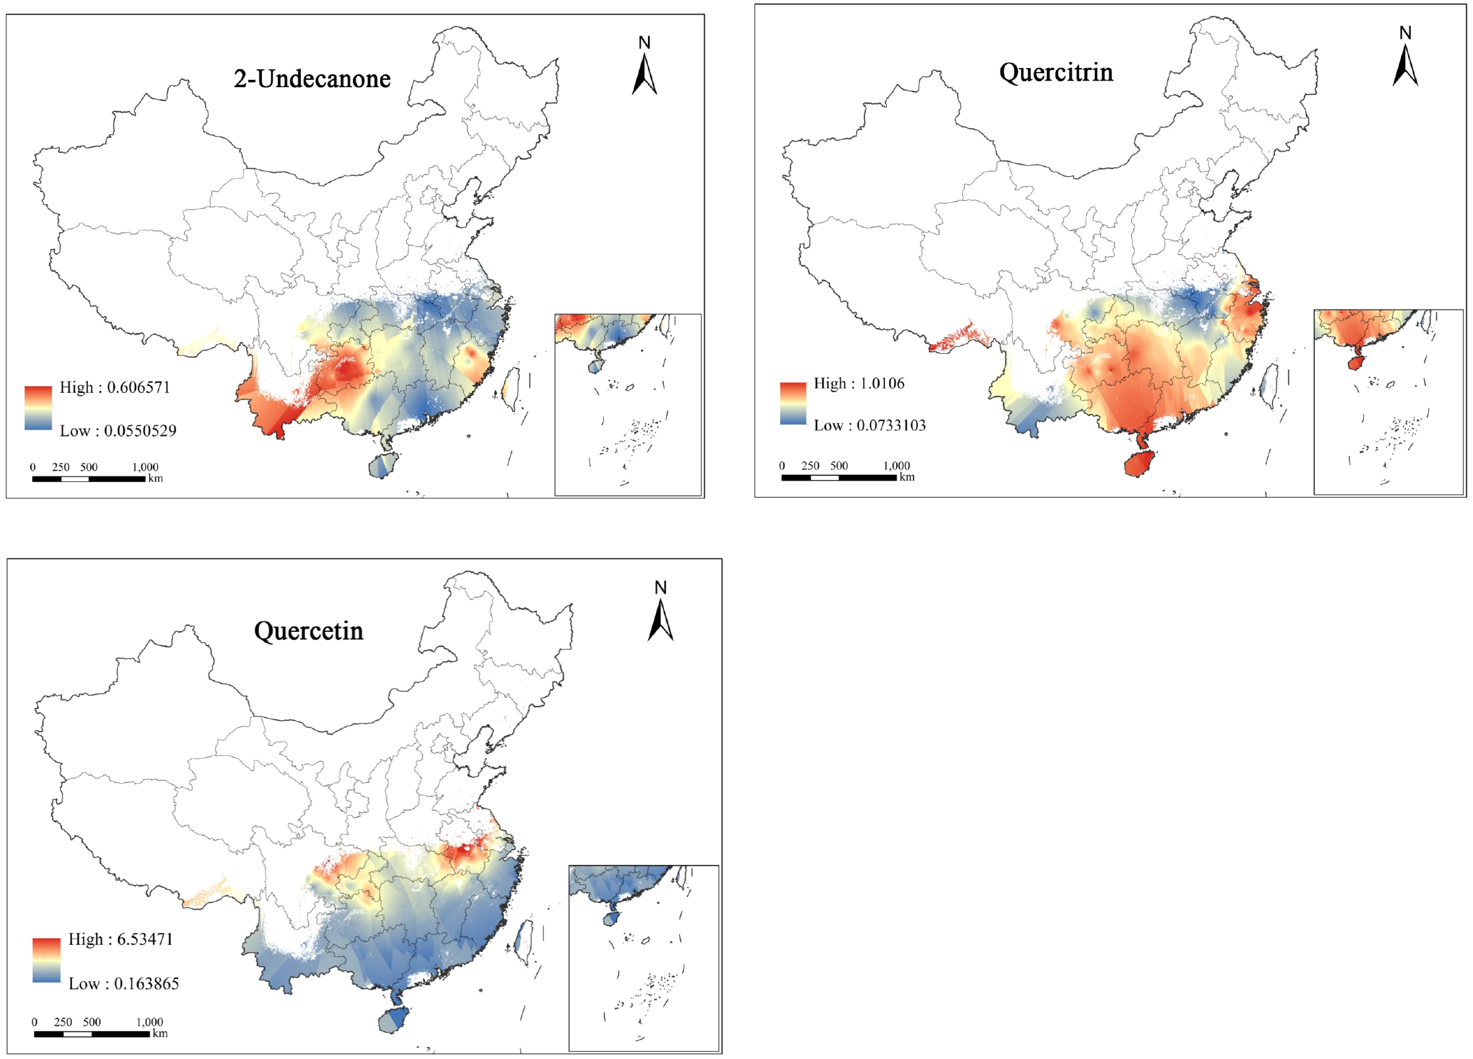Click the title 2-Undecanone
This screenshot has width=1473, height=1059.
click(x=311, y=79)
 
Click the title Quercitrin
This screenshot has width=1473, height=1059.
click(x=1055, y=73)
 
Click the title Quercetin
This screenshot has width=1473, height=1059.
click(x=308, y=631)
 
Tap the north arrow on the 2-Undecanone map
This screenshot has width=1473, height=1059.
click(x=644, y=73)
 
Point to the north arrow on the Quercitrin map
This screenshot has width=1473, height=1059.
click(x=1405, y=63)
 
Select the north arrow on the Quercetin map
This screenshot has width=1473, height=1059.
click(x=660, y=618)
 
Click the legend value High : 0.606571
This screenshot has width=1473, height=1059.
click(x=115, y=388)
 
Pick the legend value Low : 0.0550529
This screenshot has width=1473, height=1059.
click(x=118, y=431)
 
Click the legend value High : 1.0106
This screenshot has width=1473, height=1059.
click(x=859, y=384)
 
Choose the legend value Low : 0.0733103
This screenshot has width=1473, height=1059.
click(x=869, y=426)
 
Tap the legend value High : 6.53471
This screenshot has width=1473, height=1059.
click(x=121, y=939)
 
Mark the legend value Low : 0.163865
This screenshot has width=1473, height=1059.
click(x=123, y=984)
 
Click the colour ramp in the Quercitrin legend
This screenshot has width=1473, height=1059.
click(x=793, y=403)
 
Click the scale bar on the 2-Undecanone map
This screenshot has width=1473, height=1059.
click(x=88, y=479)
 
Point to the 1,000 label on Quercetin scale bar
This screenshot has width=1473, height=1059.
click(x=149, y=1022)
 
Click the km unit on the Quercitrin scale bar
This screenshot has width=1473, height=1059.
click(x=907, y=477)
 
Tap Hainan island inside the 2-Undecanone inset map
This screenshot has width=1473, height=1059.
click(x=595, y=365)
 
